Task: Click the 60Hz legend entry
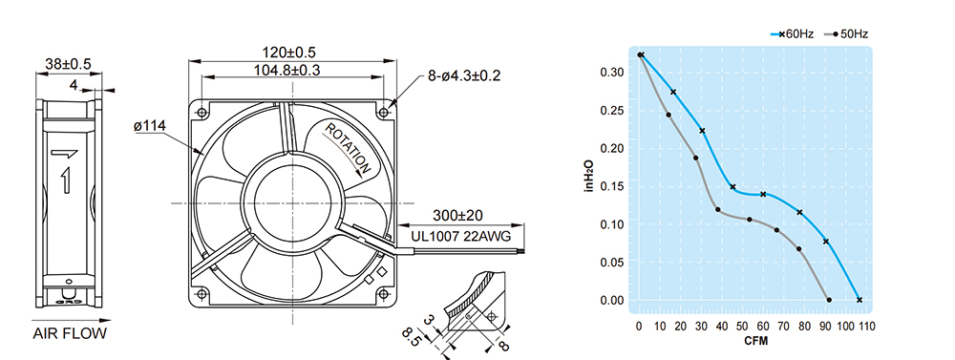[792, 34]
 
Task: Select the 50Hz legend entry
[846, 34]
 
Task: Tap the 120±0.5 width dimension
[289, 53]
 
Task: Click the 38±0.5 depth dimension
[68, 64]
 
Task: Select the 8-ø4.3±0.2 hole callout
[463, 76]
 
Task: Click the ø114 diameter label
[150, 126]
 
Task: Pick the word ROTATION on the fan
[348, 149]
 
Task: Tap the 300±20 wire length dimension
[458, 215]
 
